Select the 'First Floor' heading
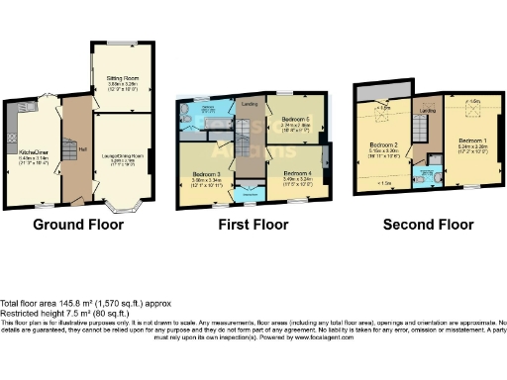[253, 225]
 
